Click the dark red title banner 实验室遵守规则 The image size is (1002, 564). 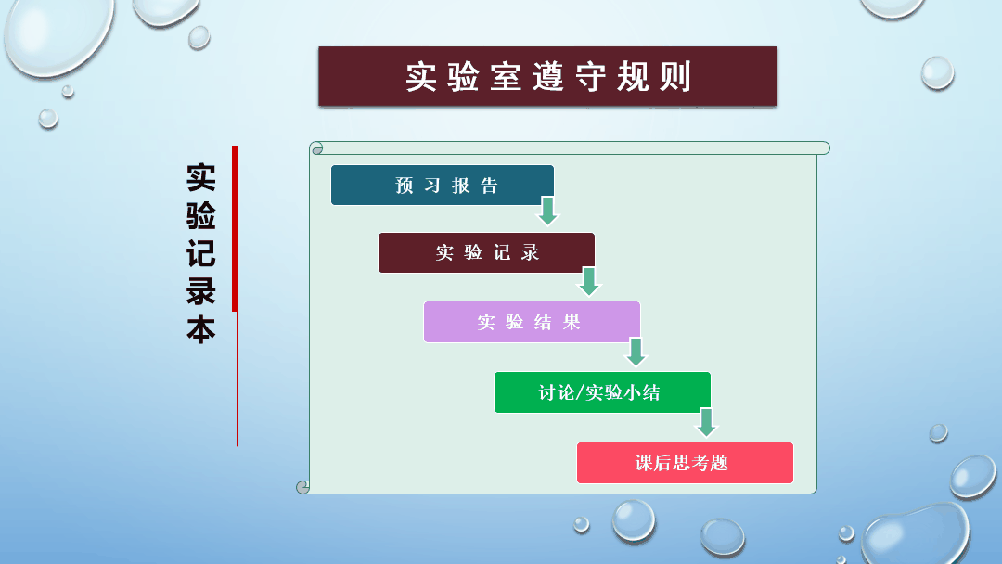coord(547,76)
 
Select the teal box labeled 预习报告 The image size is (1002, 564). coord(443,186)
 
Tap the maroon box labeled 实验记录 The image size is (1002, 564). coord(486,253)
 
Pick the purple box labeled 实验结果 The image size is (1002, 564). coord(532,322)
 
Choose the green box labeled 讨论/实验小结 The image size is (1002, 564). coord(602,392)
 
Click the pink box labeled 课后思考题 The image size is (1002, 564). coord(685,463)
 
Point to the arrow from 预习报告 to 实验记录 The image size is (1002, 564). coord(547,211)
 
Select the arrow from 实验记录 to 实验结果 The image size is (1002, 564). coord(589,281)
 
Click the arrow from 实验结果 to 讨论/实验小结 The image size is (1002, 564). coord(636,352)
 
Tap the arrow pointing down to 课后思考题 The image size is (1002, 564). coord(706,422)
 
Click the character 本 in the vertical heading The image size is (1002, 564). coord(200,330)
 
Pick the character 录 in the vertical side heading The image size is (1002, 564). coord(200,292)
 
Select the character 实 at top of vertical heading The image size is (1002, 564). coord(200,177)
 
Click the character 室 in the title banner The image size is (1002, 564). coord(506,77)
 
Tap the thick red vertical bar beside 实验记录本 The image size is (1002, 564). coord(235,229)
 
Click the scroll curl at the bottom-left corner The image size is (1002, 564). coord(303,487)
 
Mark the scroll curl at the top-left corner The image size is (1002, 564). coord(316,148)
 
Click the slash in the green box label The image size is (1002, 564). coord(580,392)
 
